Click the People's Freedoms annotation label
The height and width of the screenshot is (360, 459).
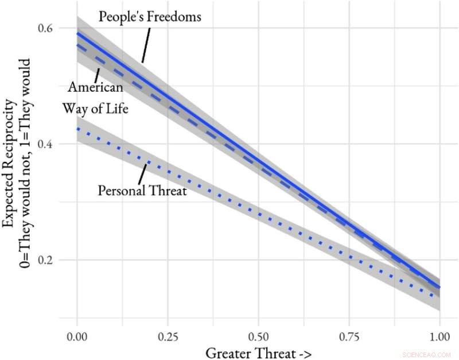point(150,16)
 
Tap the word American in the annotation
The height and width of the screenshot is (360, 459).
point(95,88)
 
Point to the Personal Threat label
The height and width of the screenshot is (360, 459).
point(142,191)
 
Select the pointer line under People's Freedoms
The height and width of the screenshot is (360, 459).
point(147,43)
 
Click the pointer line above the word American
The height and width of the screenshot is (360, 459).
point(98,75)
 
